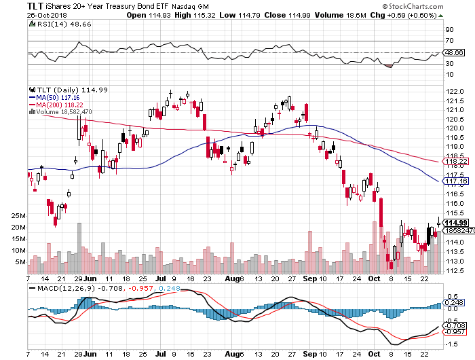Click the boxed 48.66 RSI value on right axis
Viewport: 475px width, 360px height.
(454, 52)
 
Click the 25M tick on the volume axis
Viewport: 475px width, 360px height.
(18, 216)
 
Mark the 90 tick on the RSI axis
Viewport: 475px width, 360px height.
(449, 30)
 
